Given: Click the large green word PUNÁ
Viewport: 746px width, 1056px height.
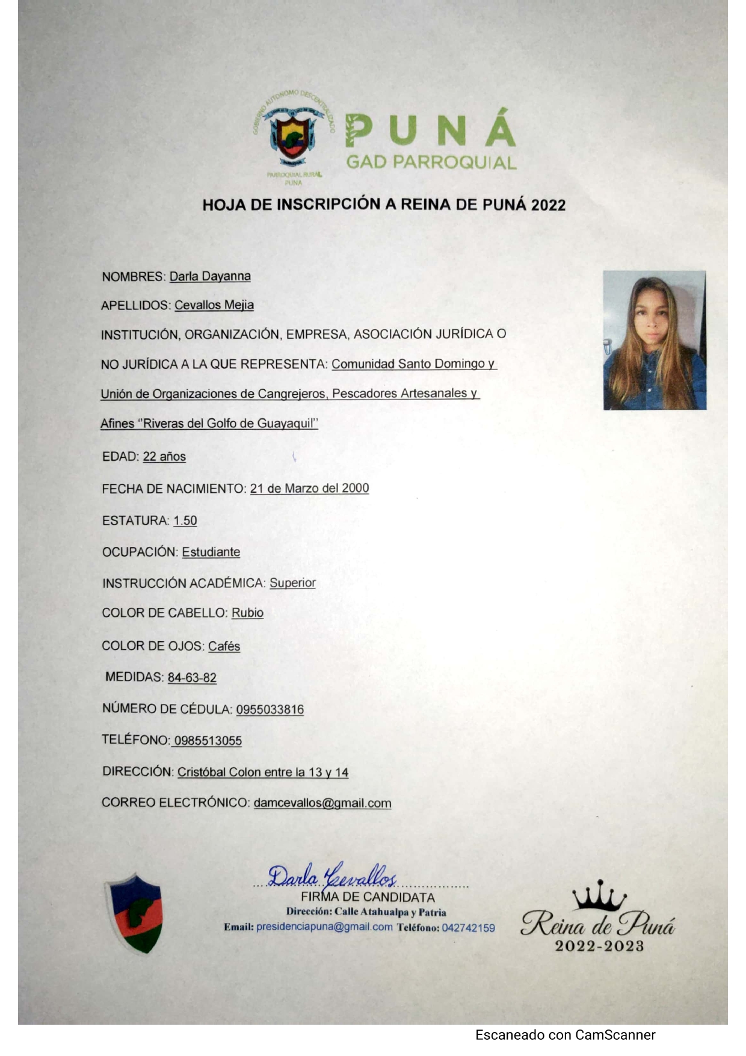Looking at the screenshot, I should click(430, 129).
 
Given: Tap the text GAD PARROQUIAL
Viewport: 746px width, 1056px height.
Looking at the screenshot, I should click(431, 162).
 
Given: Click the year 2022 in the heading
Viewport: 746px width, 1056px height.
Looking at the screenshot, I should click(548, 205).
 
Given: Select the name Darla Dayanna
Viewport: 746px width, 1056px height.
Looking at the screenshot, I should click(210, 276).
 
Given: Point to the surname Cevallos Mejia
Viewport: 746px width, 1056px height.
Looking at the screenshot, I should click(214, 305).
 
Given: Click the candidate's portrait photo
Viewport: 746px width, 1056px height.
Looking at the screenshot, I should click(655, 340).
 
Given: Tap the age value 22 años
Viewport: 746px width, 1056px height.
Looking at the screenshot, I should click(164, 457).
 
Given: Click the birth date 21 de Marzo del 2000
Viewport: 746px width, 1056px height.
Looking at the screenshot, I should click(309, 488).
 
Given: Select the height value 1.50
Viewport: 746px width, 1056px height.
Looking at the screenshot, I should click(185, 520).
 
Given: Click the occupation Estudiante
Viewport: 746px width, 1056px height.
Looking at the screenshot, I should click(211, 552).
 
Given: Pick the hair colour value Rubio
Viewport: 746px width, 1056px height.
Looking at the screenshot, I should click(247, 613).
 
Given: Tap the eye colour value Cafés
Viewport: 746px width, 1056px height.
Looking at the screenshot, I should click(224, 646).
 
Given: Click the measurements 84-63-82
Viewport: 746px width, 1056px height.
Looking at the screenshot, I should click(192, 678).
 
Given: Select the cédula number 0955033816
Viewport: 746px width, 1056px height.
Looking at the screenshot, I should click(270, 709).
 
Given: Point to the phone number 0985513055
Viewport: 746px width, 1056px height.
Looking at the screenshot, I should click(208, 741).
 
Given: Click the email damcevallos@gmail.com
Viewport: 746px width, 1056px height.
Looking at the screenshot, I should click(322, 803).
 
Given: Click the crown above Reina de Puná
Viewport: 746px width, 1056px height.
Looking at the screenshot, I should click(599, 897).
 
